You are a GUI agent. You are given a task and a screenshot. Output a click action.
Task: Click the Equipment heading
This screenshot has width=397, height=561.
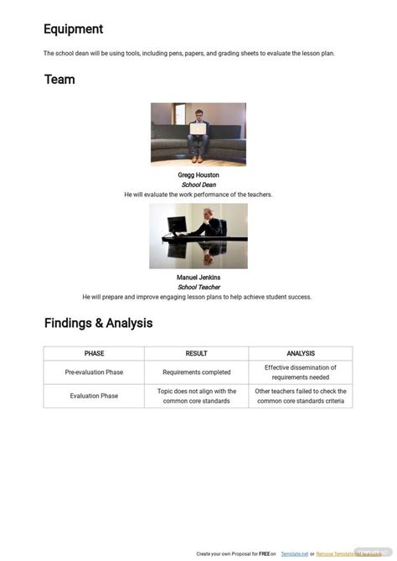click(74, 29)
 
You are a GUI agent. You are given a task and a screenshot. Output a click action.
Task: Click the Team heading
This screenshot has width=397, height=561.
click(59, 80)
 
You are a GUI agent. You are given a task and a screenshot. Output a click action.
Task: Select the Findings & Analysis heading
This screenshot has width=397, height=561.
click(98, 323)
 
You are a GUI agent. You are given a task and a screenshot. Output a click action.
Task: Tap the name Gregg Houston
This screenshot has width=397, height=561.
click(198, 175)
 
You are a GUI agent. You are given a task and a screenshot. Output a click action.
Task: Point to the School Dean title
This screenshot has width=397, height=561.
click(198, 184)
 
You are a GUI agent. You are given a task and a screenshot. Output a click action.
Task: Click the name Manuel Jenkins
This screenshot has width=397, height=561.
click(198, 278)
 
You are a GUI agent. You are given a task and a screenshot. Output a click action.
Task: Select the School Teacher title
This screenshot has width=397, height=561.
click(198, 287)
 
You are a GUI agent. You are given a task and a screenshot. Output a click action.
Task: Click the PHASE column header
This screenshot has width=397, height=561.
click(94, 354)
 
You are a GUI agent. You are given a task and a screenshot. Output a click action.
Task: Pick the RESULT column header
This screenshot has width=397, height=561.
click(196, 354)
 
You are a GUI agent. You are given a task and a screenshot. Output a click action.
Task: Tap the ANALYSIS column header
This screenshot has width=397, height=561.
click(300, 354)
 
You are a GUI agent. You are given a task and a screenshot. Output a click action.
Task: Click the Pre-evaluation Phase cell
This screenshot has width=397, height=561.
click(94, 372)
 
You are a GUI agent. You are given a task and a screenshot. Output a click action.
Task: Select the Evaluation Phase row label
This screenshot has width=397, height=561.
click(94, 396)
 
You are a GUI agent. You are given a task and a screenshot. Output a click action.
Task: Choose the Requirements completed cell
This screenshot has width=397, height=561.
click(196, 372)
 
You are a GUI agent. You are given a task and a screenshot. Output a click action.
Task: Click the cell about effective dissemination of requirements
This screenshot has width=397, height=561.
click(300, 372)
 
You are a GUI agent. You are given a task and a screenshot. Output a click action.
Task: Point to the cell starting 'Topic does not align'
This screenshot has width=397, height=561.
click(196, 396)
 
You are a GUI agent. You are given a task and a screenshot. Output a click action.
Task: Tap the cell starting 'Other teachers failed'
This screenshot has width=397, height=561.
click(300, 396)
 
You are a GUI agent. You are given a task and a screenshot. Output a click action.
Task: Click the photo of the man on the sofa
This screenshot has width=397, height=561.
click(198, 134)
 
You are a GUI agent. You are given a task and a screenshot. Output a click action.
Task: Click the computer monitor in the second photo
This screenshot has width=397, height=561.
click(177, 226)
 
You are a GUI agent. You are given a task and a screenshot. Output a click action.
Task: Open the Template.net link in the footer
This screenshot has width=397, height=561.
click(293, 554)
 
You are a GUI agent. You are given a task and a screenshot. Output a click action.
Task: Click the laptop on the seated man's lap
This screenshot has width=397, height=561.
click(198, 129)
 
